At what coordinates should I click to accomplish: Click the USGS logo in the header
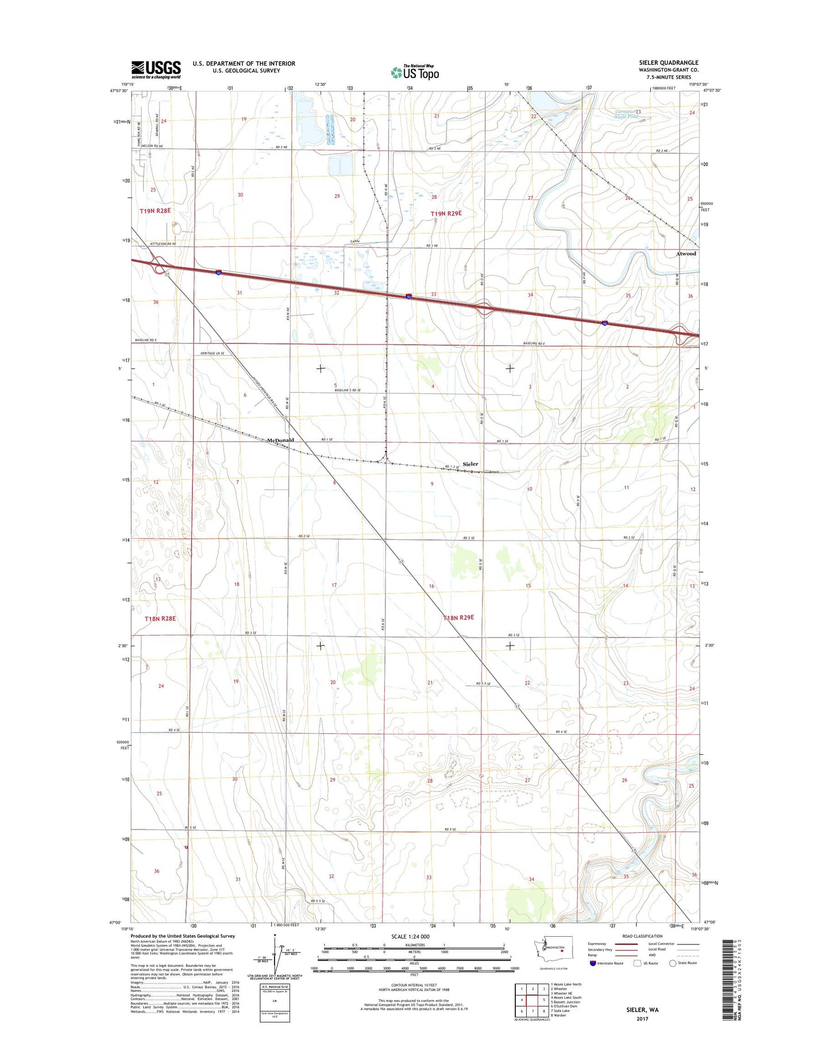point(156,69)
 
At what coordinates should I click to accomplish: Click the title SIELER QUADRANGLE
point(669,63)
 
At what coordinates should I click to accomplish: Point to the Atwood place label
point(686,253)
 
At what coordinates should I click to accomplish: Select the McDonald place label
point(280,441)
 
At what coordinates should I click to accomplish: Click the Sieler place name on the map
point(470,464)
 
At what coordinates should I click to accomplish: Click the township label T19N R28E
point(155,211)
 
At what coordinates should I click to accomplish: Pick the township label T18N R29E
point(459,617)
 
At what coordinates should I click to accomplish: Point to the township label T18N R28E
point(160,619)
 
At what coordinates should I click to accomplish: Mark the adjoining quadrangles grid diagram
point(532,1000)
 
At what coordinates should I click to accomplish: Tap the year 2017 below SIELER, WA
point(642,1019)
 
